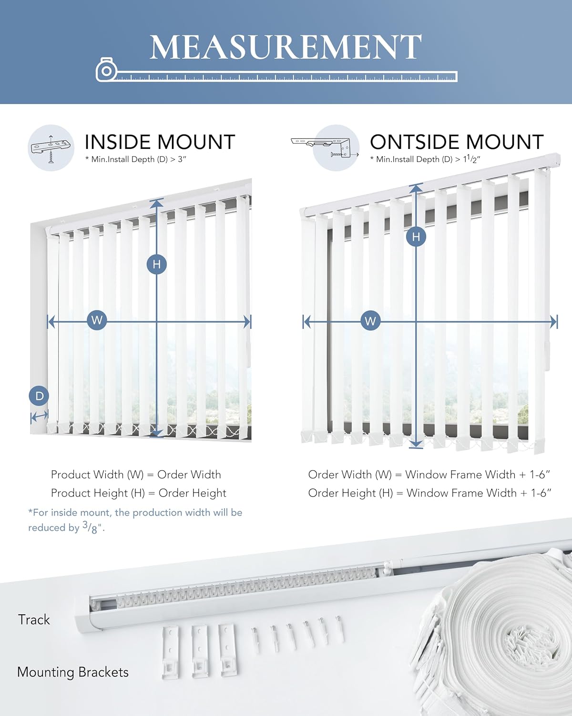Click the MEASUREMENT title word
pos(286,47)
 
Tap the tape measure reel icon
pos(106,71)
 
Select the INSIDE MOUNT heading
pos(160,142)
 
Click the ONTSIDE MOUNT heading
pos(457,142)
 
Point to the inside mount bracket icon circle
pos(51,147)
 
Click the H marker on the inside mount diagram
pos(157,264)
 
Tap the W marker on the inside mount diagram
pos(97,320)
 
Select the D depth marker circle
pos(39,396)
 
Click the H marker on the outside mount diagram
pos(416,236)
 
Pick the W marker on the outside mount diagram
pos(370,321)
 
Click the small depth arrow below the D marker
pos(39,417)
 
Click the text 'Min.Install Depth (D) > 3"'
pos(136,159)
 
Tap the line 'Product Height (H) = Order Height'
pos(138,493)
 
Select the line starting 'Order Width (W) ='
pos(429,474)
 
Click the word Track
pos(34,620)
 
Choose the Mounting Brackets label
pos(73,672)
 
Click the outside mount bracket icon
pos(326,147)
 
